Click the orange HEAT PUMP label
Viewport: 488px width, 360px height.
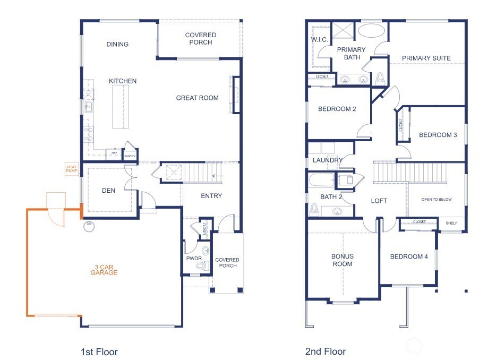(71, 169)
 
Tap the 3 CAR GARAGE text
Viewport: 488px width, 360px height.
(104, 269)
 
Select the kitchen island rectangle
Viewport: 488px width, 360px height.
(121, 107)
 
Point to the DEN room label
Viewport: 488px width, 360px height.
(109, 191)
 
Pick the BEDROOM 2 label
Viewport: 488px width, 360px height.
(337, 109)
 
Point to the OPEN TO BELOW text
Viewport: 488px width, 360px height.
(436, 200)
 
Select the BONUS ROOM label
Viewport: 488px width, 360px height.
(342, 260)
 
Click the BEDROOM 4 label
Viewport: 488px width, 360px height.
(409, 257)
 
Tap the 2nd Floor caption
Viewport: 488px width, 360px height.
(325, 352)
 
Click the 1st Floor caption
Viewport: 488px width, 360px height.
(99, 352)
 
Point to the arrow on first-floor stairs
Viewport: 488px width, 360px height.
(217, 176)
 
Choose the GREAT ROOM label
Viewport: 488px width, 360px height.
(197, 98)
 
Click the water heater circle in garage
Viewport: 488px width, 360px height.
(89, 227)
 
